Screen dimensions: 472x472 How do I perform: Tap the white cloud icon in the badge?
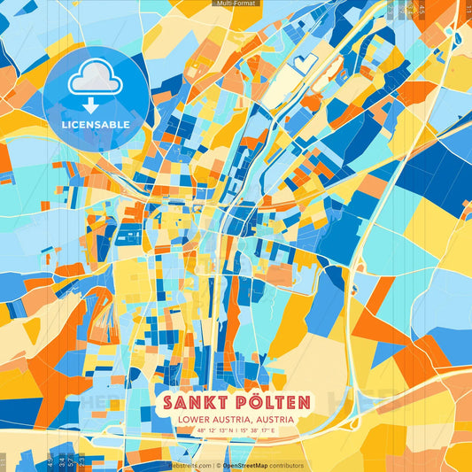(x=95, y=81)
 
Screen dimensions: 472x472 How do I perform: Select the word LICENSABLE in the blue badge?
(x=95, y=125)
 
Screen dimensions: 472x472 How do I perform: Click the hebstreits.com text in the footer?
(x=187, y=465)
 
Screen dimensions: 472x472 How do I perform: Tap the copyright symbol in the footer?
(x=214, y=465)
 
